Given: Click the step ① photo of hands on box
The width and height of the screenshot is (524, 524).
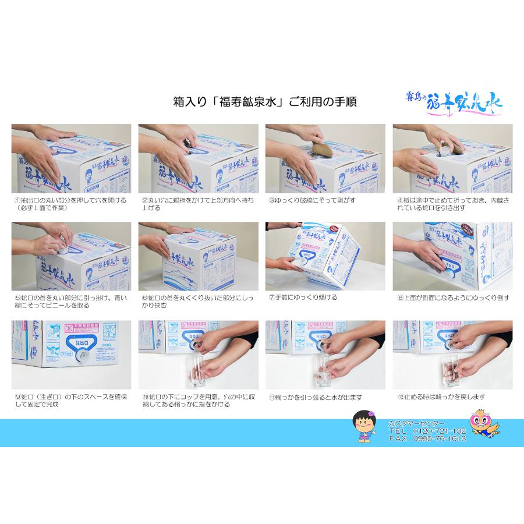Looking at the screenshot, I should [x=71, y=158].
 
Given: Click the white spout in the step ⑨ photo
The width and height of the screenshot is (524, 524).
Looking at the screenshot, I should [x=84, y=353].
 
